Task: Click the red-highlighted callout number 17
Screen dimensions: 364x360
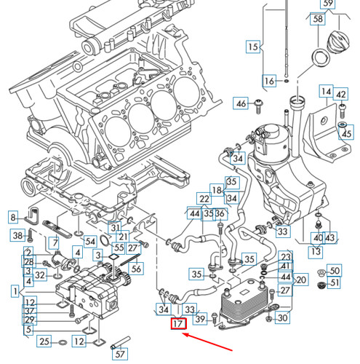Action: [x=177, y=324]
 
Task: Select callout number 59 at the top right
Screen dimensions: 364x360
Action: [x=328, y=5]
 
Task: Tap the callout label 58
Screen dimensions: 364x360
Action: [x=317, y=20]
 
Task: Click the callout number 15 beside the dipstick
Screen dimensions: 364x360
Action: [x=252, y=48]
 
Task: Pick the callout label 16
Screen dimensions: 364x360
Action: [x=270, y=81]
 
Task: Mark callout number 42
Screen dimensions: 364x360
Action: [x=341, y=92]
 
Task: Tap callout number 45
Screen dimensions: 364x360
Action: [x=346, y=134]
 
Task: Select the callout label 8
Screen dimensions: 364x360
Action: [x=12, y=218]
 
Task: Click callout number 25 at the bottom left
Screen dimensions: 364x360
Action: [x=44, y=341]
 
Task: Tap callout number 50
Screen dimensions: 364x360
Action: [x=335, y=270]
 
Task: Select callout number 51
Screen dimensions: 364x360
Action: [x=335, y=282]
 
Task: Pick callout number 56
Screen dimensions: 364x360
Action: [x=137, y=268]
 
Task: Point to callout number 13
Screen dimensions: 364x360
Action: [x=315, y=252]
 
